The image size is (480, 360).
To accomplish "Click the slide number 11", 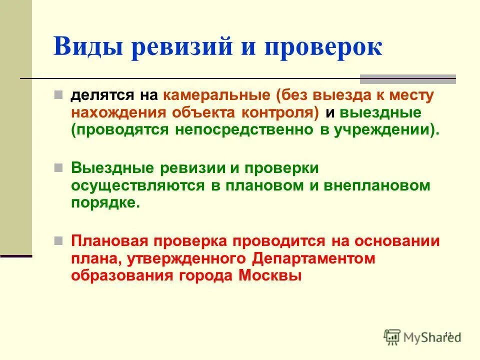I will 447,334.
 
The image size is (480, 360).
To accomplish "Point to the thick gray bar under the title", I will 407,78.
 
